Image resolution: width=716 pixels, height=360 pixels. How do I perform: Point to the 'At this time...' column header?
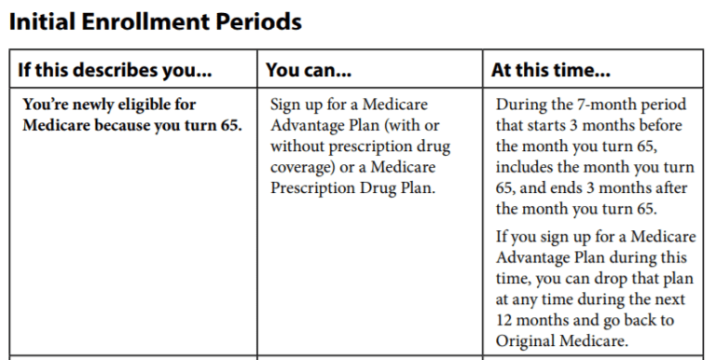[551, 70]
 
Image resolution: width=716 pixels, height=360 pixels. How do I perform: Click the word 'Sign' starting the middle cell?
[287, 104]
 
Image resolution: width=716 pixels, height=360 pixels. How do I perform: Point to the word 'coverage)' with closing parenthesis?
[303, 169]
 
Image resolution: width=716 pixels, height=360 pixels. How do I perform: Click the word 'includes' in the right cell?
[526, 169]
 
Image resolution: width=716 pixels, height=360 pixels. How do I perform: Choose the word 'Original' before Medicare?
[527, 342]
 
